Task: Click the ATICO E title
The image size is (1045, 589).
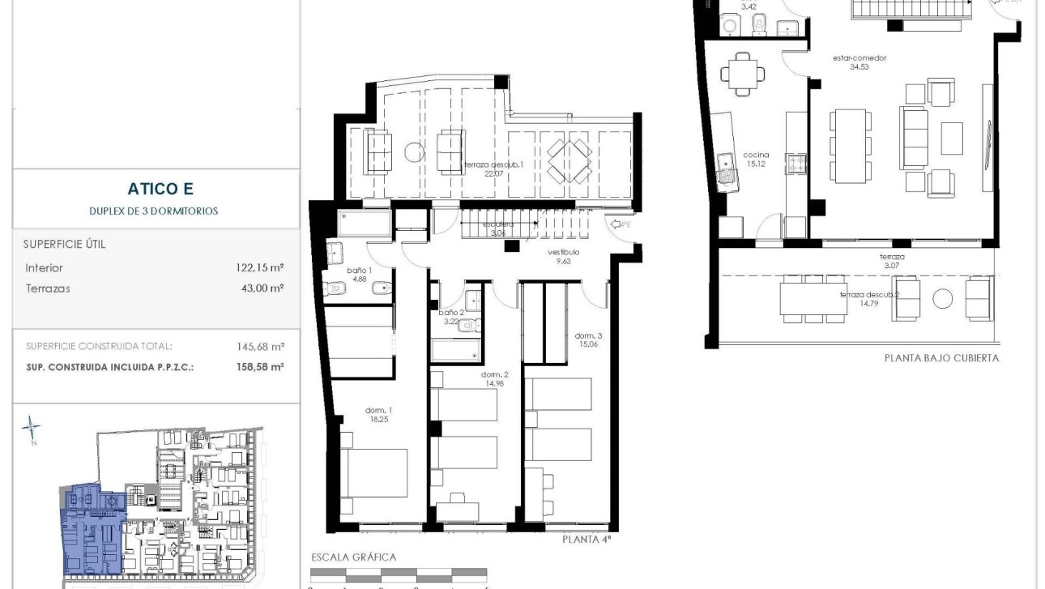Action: tap(160, 189)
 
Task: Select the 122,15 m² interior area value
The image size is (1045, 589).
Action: tap(260, 267)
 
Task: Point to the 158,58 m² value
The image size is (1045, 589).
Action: tap(260, 367)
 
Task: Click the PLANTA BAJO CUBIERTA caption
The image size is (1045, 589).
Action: tap(941, 358)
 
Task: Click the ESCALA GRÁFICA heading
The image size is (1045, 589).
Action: tap(354, 557)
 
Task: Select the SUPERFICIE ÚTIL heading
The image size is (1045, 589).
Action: tap(65, 244)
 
